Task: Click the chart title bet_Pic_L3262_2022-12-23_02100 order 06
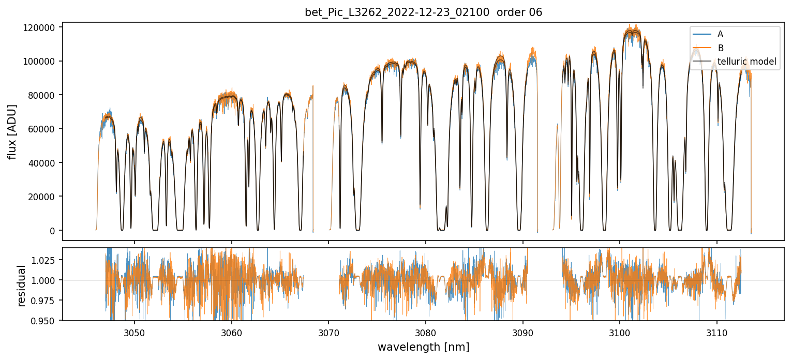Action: pos(423,12)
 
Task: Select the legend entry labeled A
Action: pos(720,35)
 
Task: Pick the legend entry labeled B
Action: pos(720,48)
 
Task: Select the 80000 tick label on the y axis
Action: pos(42,95)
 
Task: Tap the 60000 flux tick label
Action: pos(42,129)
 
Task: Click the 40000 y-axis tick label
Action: pos(42,163)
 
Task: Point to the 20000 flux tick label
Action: pos(42,197)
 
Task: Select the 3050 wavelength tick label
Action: pos(135,331)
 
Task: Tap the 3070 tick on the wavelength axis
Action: pos(328,331)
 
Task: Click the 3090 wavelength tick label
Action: pos(522,331)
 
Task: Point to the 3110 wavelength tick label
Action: pos(717,331)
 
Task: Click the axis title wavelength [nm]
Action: pos(423,347)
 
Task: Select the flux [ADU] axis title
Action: pos(12,131)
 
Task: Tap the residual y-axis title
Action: pos(22,285)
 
